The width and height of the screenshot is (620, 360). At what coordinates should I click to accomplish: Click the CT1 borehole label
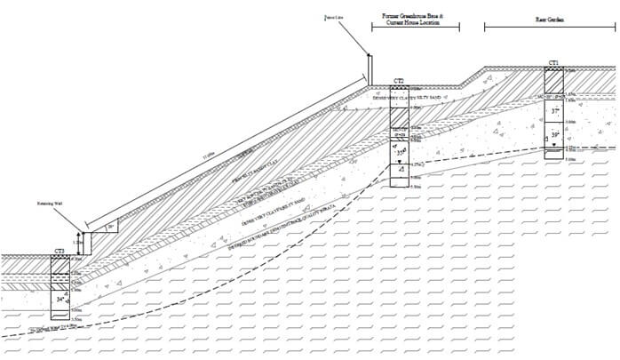(553, 63)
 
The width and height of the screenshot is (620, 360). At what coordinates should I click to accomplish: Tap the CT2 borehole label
(400, 81)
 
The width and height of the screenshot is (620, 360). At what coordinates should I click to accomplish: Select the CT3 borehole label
(59, 252)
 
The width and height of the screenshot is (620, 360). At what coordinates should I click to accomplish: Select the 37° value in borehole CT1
(556, 111)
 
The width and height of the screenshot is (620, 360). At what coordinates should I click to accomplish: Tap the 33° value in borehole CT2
(401, 152)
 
